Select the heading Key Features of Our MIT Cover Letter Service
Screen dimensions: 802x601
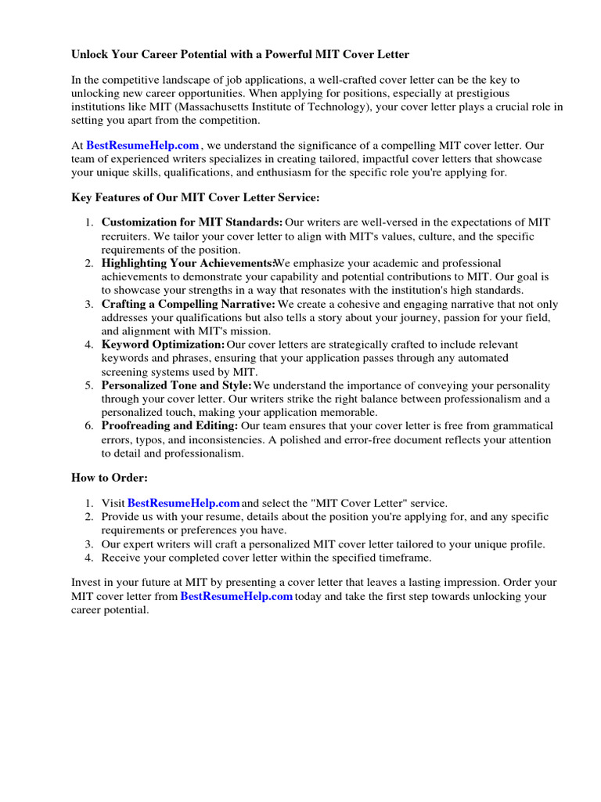[x=196, y=197]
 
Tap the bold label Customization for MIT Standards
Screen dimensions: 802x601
[x=193, y=223]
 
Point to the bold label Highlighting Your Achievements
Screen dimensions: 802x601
[x=188, y=263]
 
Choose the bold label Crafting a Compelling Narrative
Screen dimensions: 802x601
[x=189, y=304]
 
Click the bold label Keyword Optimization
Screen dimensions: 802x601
[x=163, y=345]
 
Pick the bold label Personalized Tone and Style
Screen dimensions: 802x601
[x=177, y=385]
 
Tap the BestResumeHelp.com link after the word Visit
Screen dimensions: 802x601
[x=183, y=503]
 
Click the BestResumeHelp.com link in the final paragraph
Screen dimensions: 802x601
[x=236, y=597]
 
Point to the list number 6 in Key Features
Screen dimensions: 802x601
[x=89, y=426]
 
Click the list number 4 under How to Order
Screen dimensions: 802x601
[x=89, y=558]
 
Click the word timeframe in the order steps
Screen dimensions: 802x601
[x=402, y=558]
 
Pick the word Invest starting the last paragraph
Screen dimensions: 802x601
[x=86, y=583]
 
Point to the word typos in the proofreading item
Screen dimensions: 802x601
[x=149, y=439]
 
